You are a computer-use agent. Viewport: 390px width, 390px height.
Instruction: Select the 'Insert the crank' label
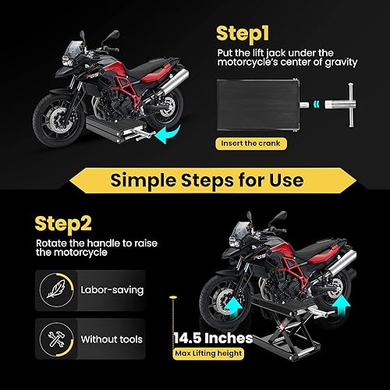pyautogui.click(x=248, y=143)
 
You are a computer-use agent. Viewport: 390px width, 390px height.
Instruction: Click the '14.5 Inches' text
pyautogui.click(x=213, y=339)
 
